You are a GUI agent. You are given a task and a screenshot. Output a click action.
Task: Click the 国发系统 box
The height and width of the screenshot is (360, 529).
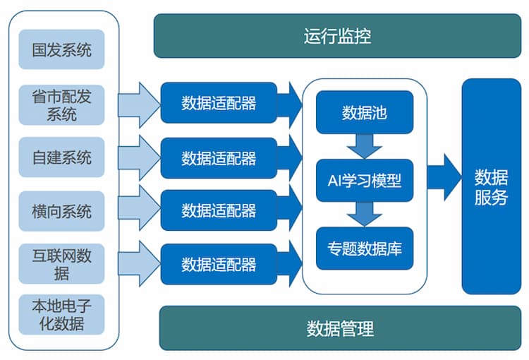click(x=62, y=49)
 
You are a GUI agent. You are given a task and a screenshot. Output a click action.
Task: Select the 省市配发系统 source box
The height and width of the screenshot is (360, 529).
click(x=62, y=104)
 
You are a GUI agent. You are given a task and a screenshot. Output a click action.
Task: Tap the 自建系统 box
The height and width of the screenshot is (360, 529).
click(x=62, y=157)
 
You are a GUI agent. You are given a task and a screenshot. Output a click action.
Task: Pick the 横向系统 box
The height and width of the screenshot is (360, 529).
click(x=62, y=210)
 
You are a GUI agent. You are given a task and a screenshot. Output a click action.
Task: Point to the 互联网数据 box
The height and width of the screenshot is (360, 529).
click(x=62, y=263)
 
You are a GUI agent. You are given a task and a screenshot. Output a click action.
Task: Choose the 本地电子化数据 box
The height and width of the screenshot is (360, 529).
click(x=62, y=315)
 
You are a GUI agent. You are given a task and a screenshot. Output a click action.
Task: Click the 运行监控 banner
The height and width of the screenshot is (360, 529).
click(x=337, y=36)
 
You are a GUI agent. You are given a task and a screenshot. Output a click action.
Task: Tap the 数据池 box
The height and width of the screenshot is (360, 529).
click(x=364, y=113)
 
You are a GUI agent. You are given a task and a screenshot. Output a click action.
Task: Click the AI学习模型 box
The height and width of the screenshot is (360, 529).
click(x=364, y=180)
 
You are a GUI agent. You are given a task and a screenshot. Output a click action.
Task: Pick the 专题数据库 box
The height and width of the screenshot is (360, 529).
click(x=364, y=248)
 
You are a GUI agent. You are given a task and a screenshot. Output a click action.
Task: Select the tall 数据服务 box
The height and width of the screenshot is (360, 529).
click(x=491, y=186)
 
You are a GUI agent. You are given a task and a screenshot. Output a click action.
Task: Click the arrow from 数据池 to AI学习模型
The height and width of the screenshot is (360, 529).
click(x=364, y=145)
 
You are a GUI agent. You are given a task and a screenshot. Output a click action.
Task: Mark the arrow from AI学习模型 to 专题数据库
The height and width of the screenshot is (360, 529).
click(x=364, y=213)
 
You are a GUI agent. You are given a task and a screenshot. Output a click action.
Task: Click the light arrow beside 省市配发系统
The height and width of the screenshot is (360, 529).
click(x=140, y=104)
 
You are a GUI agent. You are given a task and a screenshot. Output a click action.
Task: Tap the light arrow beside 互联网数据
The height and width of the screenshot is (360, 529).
click(x=140, y=263)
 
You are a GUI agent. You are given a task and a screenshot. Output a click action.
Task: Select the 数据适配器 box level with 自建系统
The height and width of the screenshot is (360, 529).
click(x=219, y=157)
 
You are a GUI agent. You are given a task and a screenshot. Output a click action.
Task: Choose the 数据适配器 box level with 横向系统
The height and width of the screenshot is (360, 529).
click(x=219, y=210)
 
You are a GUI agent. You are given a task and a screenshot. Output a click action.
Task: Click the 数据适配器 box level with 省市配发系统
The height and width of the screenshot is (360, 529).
click(x=219, y=104)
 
